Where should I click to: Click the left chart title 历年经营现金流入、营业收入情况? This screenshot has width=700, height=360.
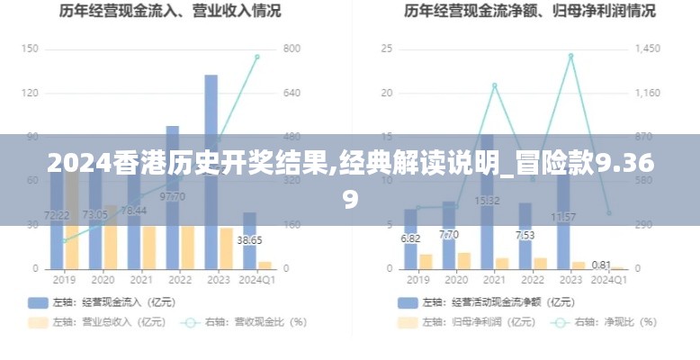170,12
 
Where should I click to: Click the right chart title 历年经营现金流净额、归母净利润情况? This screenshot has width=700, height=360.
530,12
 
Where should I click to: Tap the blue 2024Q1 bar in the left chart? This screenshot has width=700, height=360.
249,240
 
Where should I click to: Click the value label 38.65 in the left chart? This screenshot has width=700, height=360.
249,240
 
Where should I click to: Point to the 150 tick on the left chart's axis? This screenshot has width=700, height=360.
30,49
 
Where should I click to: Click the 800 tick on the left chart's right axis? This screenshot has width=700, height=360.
292,49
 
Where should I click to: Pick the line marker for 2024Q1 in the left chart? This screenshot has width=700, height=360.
256,57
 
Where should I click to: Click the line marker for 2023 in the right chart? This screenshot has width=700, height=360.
570,56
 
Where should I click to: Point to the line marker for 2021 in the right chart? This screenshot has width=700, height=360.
494,85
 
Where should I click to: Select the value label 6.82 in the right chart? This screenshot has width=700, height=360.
410,238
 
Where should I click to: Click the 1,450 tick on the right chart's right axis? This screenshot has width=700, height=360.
648,49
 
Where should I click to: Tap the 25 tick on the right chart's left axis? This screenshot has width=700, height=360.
387,49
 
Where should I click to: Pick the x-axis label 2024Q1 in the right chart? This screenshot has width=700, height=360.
608,280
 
